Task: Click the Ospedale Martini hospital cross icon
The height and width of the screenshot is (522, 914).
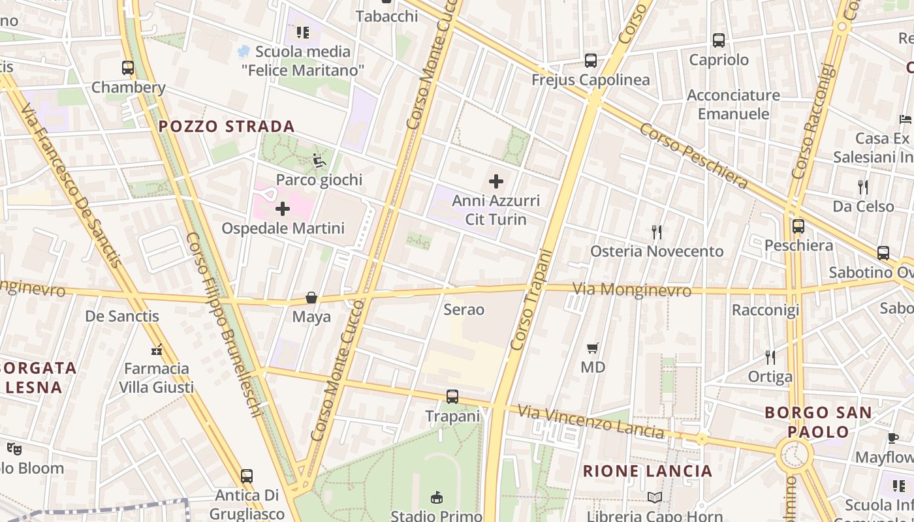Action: [283, 209]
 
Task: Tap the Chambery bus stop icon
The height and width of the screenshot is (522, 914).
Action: [128, 67]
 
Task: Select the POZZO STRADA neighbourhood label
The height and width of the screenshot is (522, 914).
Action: [227, 127]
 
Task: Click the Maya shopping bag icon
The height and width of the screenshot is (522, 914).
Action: [311, 298]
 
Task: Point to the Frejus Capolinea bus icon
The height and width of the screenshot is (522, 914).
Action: [591, 60]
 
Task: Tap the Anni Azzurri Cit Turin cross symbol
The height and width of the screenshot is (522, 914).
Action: [496, 181]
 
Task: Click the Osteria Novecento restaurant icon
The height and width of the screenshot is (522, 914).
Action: [657, 232]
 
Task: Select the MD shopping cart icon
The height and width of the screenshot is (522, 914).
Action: [593, 348]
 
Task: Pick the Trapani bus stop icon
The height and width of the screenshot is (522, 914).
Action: [452, 396]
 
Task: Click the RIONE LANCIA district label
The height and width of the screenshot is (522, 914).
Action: [647, 471]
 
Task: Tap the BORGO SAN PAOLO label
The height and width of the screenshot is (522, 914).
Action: [818, 422]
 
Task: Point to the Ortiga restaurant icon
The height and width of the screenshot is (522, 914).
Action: [770, 357]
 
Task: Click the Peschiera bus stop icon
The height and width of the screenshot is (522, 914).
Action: [798, 226]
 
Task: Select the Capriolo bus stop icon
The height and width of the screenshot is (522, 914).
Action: [719, 40]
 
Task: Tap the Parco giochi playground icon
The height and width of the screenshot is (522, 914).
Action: [319, 160]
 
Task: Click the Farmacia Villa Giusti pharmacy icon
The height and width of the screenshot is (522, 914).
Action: [157, 350]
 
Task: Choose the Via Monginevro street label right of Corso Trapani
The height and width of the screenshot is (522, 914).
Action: [631, 289]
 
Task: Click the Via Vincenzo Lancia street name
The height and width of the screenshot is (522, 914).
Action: [591, 422]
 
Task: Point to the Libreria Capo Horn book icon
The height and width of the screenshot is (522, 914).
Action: [654, 497]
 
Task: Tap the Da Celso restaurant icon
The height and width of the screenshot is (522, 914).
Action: [863, 187]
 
